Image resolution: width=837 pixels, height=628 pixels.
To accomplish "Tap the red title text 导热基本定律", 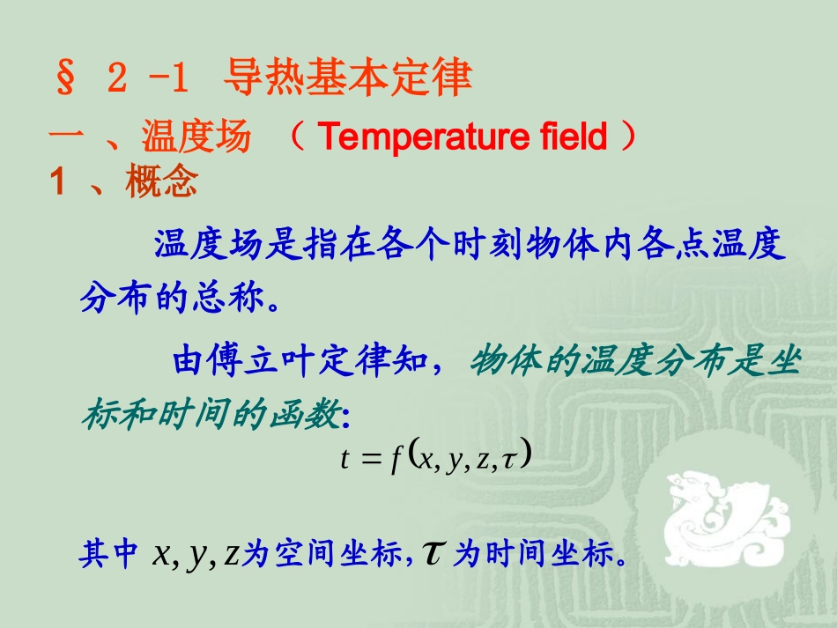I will pyautogui.click(x=348, y=79).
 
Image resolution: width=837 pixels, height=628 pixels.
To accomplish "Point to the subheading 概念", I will pyautogui.click(x=161, y=183).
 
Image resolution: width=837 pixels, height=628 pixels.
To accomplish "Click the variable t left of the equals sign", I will pyautogui.click(x=345, y=459).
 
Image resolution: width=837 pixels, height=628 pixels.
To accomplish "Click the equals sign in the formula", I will pyautogui.click(x=370, y=460).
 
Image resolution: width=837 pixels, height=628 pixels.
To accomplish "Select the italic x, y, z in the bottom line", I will pyautogui.click(x=196, y=554).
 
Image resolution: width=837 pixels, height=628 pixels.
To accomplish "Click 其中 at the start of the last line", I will pyautogui.click(x=108, y=554).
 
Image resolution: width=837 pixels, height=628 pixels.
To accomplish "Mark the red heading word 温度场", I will pyautogui.click(x=196, y=138).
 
